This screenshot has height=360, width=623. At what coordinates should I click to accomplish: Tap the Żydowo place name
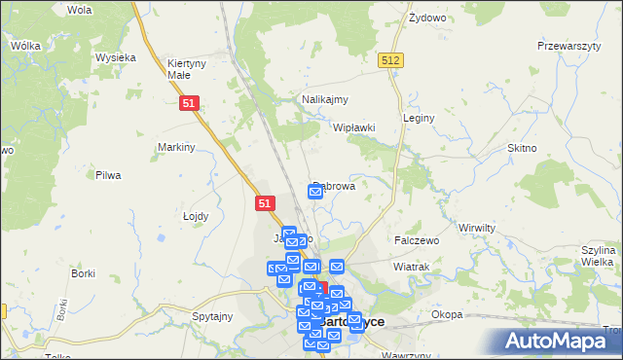pos(426,18)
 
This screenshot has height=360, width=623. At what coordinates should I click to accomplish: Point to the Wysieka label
pos(115,57)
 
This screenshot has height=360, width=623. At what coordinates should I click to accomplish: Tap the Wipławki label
pos(354,127)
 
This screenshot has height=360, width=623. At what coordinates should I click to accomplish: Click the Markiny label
pos(177,147)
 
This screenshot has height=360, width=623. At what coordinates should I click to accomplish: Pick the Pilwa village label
pos(107,175)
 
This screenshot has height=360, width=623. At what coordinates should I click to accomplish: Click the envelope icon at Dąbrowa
pos(315,192)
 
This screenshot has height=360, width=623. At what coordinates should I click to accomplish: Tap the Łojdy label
pos(198,216)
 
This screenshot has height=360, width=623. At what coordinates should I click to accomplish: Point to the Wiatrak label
pos(411,266)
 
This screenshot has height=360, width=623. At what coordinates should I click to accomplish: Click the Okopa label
pos(447,314)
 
